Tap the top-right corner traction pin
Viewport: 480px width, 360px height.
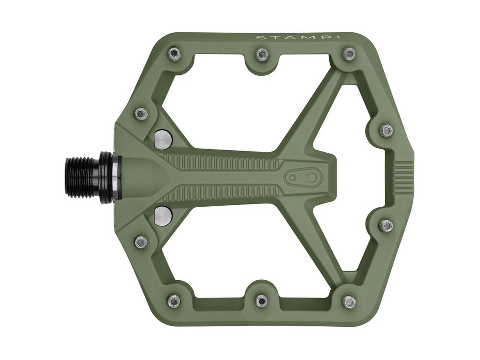tap(348, 54)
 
